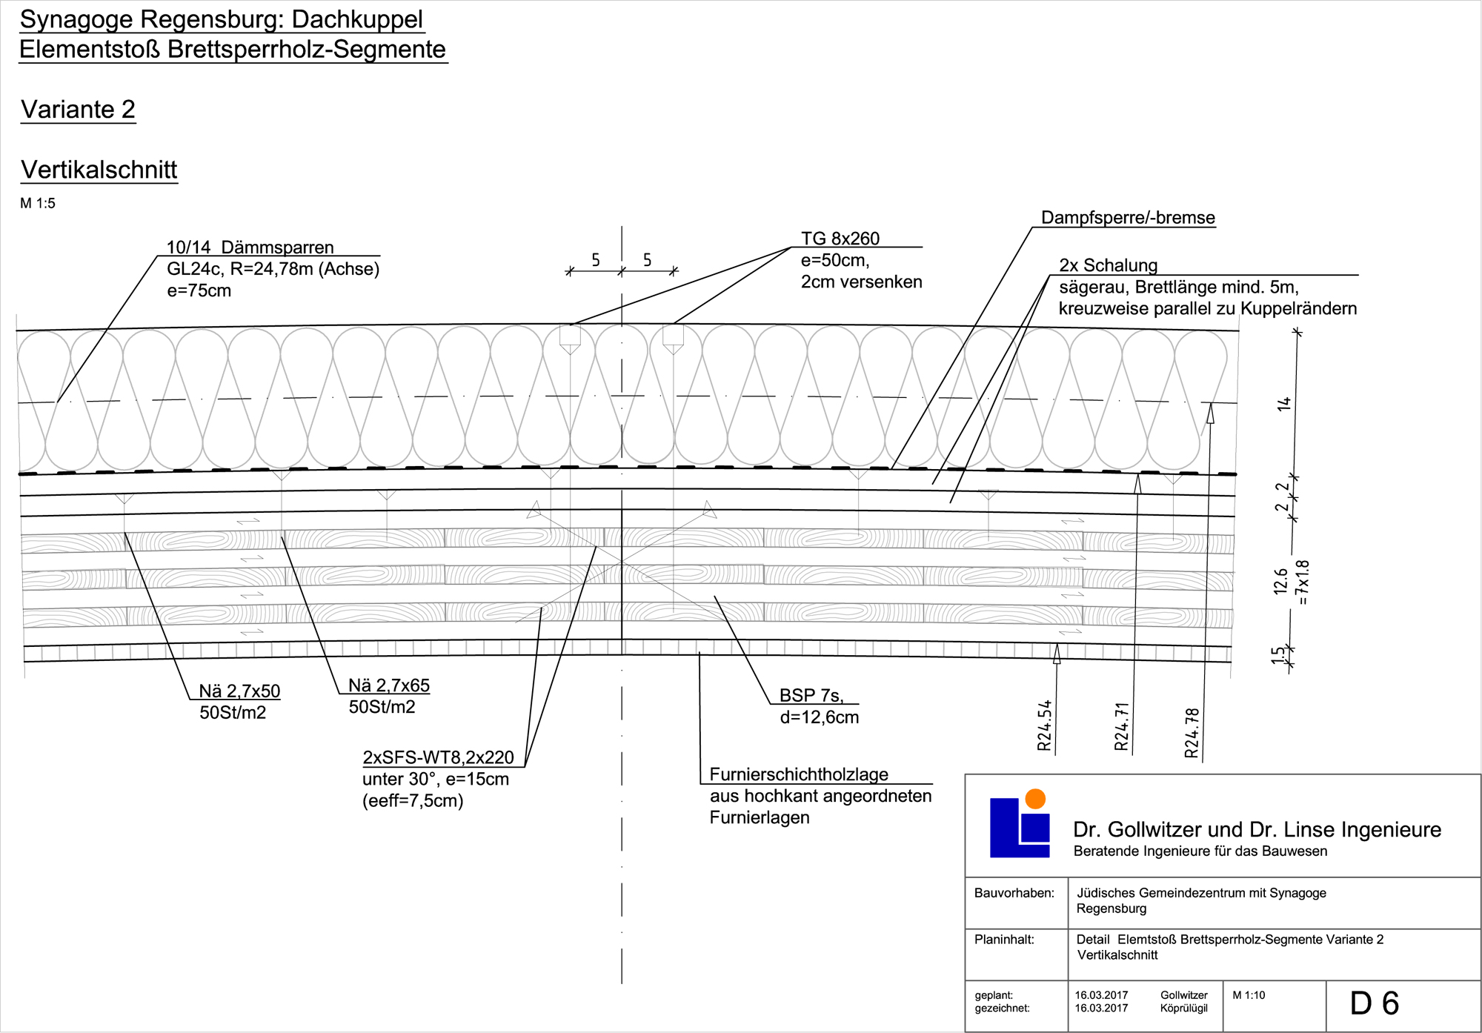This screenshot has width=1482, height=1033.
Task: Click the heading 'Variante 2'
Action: [x=78, y=110]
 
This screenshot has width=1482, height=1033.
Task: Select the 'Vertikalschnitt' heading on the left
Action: [x=99, y=170]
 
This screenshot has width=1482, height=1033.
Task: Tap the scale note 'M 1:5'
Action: [x=38, y=204]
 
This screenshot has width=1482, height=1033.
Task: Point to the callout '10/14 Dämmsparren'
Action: [x=250, y=248]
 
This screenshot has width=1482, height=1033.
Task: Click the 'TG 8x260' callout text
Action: [x=840, y=239]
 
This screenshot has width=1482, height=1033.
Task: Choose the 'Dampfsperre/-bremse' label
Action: [x=1128, y=218]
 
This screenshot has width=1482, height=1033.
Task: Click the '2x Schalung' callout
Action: [x=1108, y=265]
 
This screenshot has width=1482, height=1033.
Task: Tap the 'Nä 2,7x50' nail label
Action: [x=239, y=691]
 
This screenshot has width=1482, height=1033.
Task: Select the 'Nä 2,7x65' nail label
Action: [x=389, y=685]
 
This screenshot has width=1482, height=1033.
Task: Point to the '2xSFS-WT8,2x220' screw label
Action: [x=438, y=757]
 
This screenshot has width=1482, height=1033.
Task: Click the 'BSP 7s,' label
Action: [x=811, y=696]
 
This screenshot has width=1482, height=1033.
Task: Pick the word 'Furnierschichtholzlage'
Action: [x=799, y=774]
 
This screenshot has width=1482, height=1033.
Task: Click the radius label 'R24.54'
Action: [x=1044, y=726]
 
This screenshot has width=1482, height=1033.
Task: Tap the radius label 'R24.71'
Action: [x=1121, y=727]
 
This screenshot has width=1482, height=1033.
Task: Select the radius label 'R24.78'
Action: [x=1192, y=733]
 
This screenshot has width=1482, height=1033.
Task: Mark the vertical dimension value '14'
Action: [x=1283, y=404]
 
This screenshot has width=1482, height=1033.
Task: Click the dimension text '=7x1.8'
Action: [x=1303, y=582]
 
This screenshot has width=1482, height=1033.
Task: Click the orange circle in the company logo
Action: [x=1034, y=799]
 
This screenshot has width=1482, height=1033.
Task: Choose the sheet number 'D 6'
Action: [x=1374, y=1003]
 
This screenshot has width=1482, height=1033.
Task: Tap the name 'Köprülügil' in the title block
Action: [x=1183, y=1009]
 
